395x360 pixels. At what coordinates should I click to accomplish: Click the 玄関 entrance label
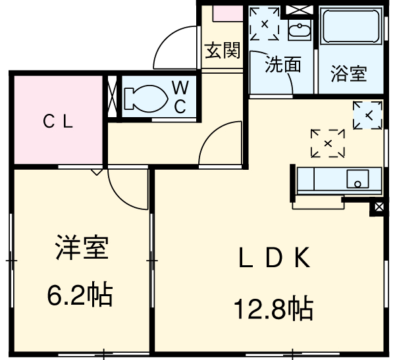222,50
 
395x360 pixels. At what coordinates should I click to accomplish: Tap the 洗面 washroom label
283,64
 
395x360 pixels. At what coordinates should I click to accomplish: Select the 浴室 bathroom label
349,73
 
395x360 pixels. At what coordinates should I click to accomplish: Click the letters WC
180,96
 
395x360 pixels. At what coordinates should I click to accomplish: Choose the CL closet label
58,121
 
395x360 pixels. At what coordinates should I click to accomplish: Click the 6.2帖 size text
79,296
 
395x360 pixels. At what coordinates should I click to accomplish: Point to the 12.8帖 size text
272,307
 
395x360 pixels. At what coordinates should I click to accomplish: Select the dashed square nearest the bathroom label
367,116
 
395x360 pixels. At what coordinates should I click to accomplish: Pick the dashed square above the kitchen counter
327,143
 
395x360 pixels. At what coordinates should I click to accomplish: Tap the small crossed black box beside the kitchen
379,209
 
